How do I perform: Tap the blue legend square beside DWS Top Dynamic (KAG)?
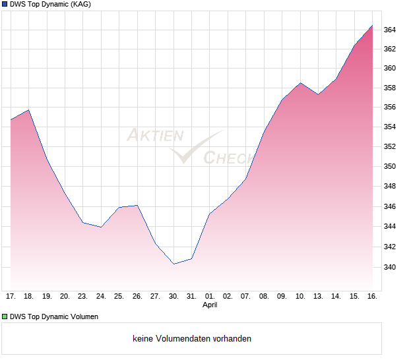click(4, 5)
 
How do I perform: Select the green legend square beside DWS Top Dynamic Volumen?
click(4, 316)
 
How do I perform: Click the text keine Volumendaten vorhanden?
click(192, 339)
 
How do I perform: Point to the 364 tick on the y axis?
click(390, 30)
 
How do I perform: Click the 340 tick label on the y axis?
click(390, 267)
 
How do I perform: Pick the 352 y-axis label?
click(390, 147)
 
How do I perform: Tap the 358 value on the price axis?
click(390, 88)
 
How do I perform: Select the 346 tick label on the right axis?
click(390, 207)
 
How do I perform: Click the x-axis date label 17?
click(11, 297)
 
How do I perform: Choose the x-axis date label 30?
click(173, 297)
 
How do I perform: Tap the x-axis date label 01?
click(210, 297)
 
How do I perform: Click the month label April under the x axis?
click(210, 305)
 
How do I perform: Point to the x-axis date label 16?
click(372, 297)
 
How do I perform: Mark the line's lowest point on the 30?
click(173, 264)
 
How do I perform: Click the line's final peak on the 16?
click(372, 26)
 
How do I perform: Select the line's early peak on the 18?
click(29, 109)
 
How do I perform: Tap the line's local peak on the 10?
click(300, 82)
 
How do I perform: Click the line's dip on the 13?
click(318, 94)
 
